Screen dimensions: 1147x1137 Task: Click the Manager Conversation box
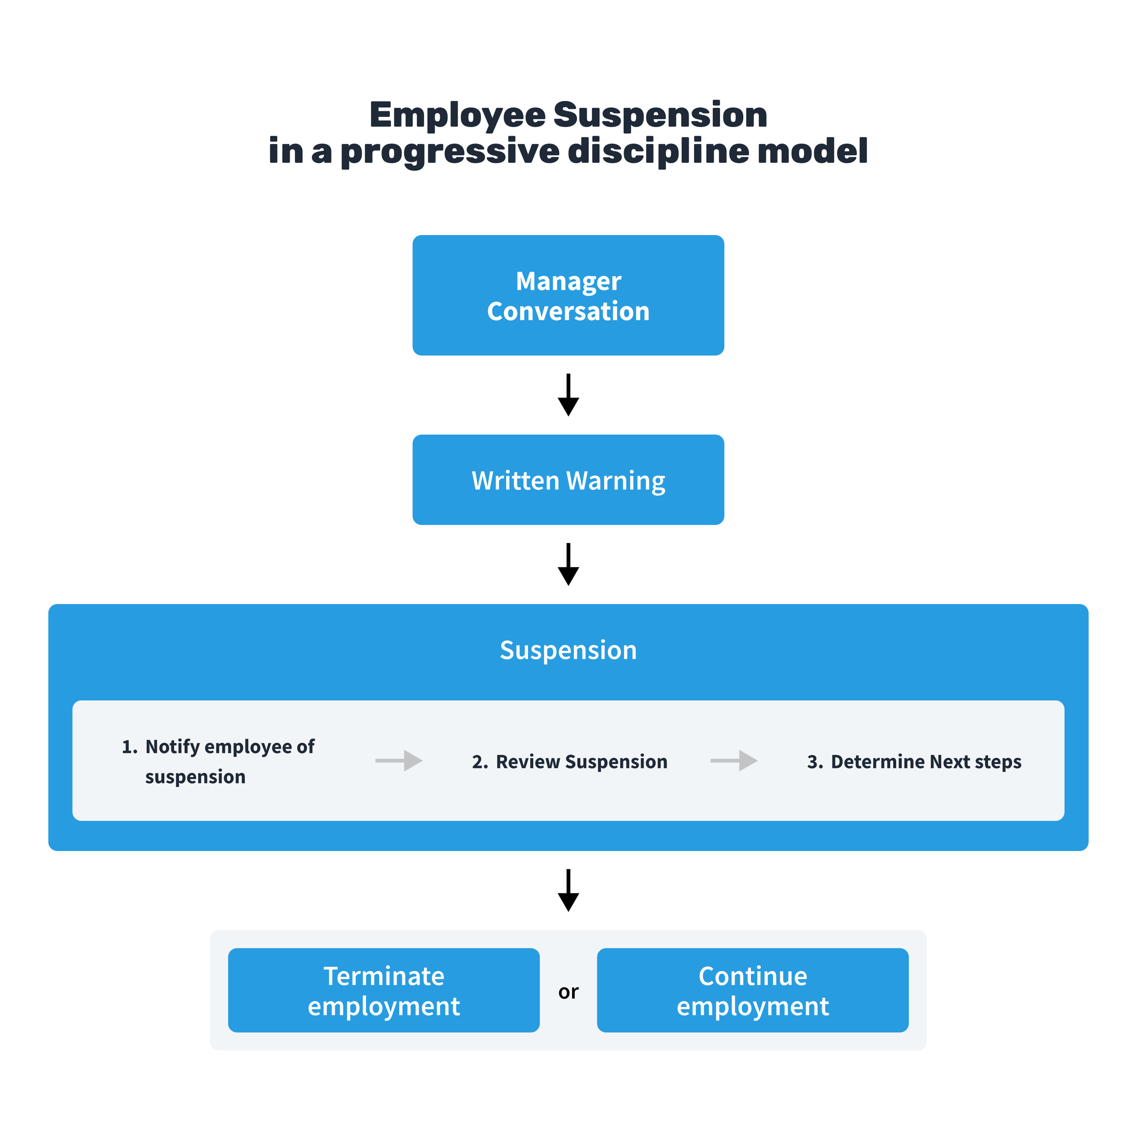[568, 295]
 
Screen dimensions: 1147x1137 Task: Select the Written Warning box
[568, 480]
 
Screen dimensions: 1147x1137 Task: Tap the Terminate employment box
[383, 991]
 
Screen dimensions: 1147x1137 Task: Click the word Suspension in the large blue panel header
[568, 650]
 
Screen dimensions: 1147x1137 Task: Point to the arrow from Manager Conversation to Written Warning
[568, 395]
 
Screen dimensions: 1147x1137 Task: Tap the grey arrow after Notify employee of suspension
[399, 761]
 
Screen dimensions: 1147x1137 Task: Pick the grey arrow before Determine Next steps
[734, 761]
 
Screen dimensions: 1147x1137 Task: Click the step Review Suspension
[581, 762]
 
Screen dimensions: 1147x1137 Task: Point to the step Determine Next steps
[926, 762]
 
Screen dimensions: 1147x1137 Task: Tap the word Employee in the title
[457, 115]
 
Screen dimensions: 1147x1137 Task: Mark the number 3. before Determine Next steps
[815, 762]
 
